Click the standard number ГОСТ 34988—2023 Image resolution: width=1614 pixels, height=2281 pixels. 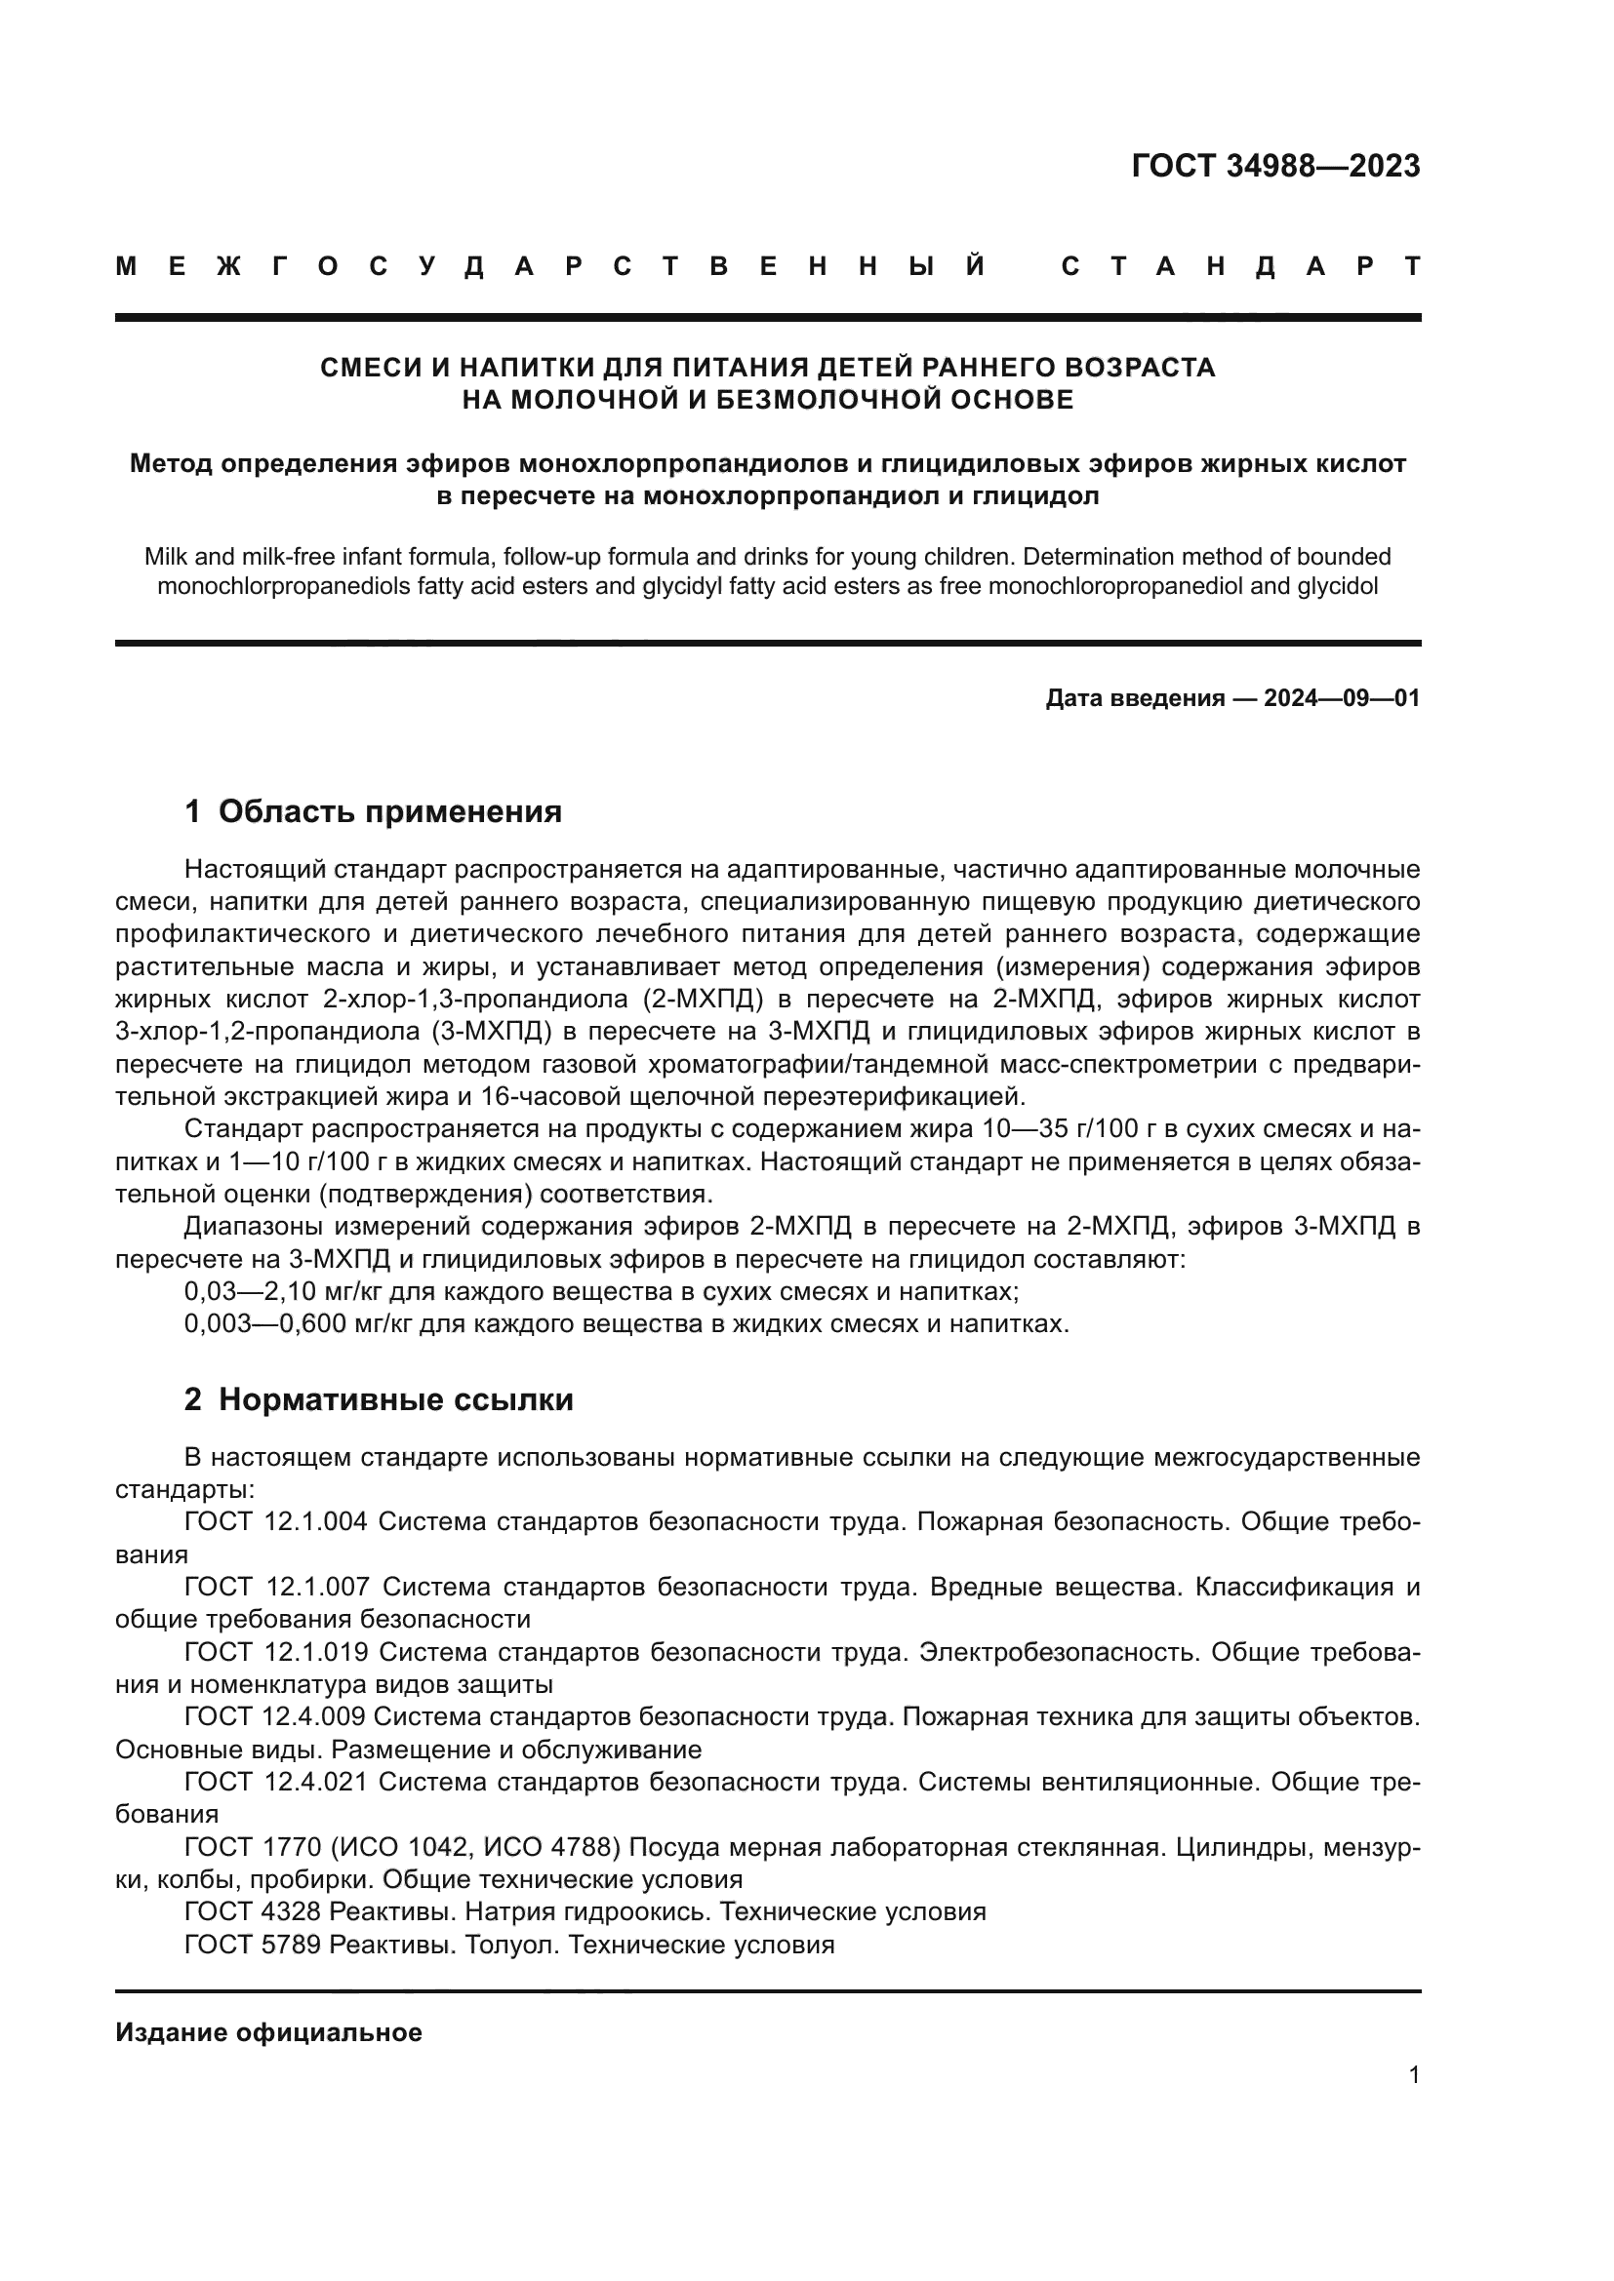(1275, 166)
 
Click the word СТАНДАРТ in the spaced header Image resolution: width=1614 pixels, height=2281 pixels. (1240, 266)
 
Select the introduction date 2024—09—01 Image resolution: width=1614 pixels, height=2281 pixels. (1342, 698)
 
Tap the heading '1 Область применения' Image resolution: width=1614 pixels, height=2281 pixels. (373, 811)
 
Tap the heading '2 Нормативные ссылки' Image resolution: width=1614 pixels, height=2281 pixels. (379, 1399)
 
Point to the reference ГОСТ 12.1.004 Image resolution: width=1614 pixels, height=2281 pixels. (276, 1521)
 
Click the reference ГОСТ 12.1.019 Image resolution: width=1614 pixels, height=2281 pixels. (276, 1651)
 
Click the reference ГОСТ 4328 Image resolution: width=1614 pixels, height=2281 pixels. (253, 1911)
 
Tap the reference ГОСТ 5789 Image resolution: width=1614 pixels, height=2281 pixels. (253, 1945)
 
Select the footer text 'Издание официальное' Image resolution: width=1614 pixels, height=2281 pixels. (268, 2032)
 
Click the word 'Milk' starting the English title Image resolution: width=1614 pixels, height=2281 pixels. (166, 556)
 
